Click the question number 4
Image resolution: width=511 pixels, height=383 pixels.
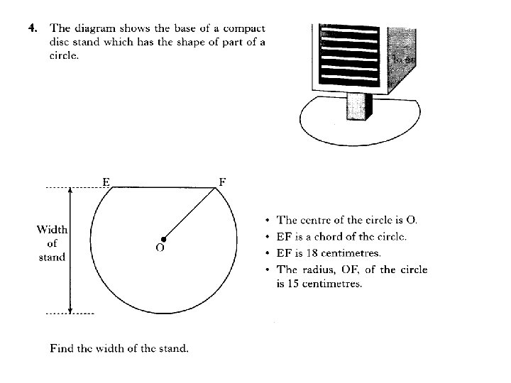pyautogui.click(x=31, y=29)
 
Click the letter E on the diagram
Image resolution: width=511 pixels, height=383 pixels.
pyautogui.click(x=105, y=181)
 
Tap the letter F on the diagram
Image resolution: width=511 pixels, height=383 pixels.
pyautogui.click(x=222, y=181)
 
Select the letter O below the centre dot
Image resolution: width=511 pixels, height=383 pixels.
pyautogui.click(x=160, y=248)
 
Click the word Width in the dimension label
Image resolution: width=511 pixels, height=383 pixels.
pyautogui.click(x=53, y=229)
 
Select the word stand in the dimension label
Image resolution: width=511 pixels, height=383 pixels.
pyautogui.click(x=52, y=257)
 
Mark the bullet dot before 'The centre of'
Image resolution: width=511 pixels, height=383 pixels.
pyautogui.click(x=266, y=221)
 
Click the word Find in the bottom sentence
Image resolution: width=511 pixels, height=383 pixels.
pyautogui.click(x=62, y=348)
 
